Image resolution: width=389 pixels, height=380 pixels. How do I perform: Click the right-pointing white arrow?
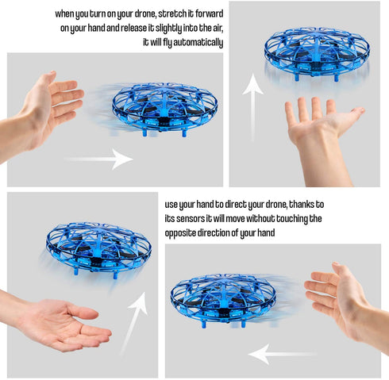(99, 159)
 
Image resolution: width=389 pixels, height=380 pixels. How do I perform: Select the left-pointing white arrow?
(282, 354)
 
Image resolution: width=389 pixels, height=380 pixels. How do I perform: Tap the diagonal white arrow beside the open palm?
(133, 324)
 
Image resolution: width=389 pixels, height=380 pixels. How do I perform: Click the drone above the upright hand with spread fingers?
(317, 54)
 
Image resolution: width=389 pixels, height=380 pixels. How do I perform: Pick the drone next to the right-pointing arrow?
(164, 109)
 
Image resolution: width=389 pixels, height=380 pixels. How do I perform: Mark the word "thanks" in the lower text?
(300, 205)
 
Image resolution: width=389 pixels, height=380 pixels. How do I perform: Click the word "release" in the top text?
(134, 28)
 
